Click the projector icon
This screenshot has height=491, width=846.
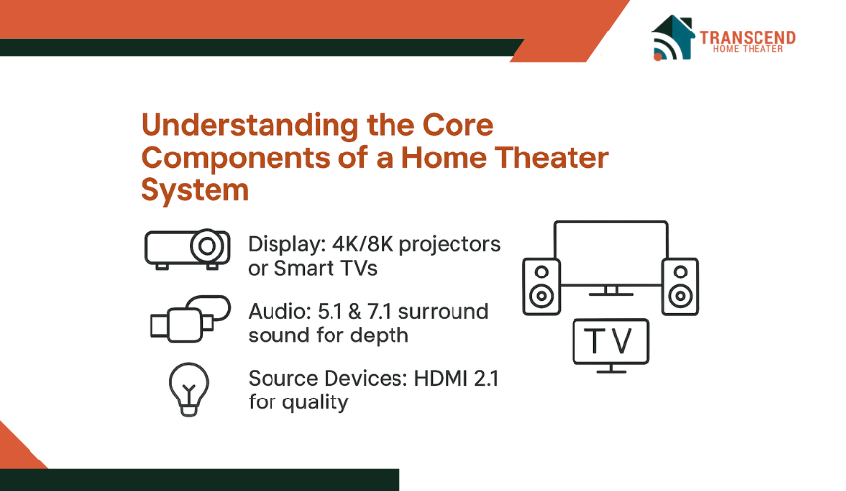tap(187, 248)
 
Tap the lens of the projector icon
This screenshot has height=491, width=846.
tap(208, 246)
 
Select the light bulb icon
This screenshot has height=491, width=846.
tap(188, 390)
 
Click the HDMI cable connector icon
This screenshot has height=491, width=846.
tap(190, 320)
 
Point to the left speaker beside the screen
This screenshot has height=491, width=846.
tap(542, 286)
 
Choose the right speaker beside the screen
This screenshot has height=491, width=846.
tap(681, 286)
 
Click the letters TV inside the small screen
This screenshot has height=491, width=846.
tap(608, 340)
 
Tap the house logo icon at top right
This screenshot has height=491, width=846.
tap(673, 37)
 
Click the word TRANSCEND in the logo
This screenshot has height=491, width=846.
tap(748, 38)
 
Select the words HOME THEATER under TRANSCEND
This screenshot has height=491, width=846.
tap(748, 49)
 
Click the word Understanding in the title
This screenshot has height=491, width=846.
tap(250, 126)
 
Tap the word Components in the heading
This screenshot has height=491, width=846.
tap(235, 157)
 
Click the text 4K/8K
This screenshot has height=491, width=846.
tap(363, 244)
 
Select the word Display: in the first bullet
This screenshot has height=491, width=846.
tap(287, 244)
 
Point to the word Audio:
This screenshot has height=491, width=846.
tap(279, 311)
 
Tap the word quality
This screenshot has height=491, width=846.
tap(315, 402)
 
